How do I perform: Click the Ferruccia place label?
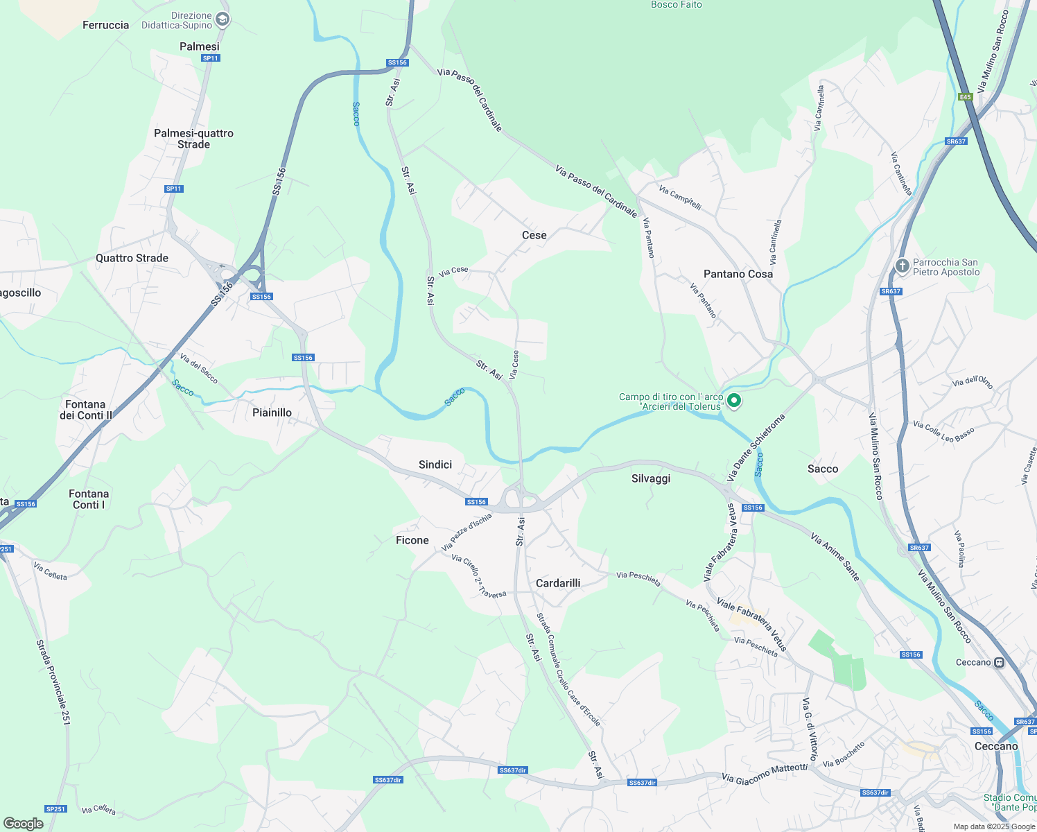tap(105, 26)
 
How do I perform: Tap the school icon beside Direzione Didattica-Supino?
tap(222, 19)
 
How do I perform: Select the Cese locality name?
tap(534, 236)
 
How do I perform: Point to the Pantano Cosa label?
tap(738, 274)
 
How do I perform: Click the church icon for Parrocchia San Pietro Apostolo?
tap(902, 266)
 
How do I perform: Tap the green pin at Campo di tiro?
tap(734, 401)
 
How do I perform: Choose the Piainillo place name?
tap(272, 413)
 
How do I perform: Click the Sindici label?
tap(435, 465)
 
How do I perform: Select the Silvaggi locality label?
tap(650, 478)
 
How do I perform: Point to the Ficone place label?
tap(412, 540)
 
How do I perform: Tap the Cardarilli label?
tap(557, 583)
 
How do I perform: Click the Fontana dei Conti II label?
tap(85, 410)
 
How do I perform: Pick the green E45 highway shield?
tap(966, 97)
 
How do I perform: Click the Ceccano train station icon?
tap(999, 662)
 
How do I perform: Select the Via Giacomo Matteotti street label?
tap(764, 773)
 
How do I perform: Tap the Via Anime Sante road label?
tap(835, 557)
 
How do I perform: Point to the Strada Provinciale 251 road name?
tap(53, 682)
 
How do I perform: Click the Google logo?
tap(23, 824)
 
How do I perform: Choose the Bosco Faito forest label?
tap(676, 5)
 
